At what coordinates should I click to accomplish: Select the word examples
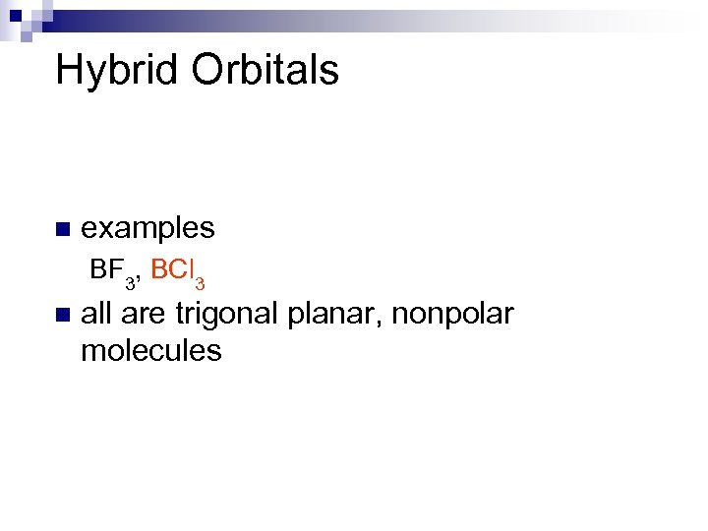(x=147, y=228)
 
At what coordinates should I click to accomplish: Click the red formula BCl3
(x=178, y=271)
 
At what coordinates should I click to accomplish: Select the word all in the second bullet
(x=96, y=315)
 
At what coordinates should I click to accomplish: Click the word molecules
(x=151, y=350)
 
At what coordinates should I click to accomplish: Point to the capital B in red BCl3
(x=158, y=269)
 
